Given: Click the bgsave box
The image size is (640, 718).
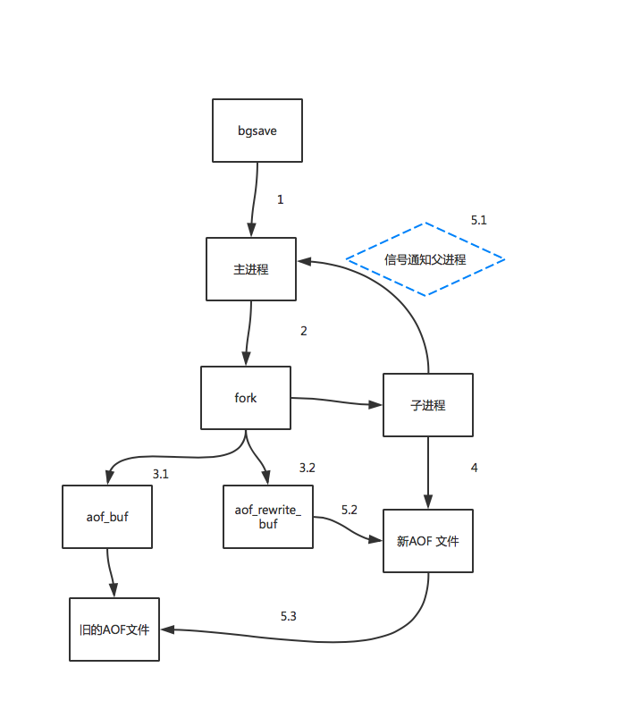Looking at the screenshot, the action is pyautogui.click(x=257, y=131).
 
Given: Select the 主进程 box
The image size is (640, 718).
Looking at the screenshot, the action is pyautogui.click(x=251, y=269).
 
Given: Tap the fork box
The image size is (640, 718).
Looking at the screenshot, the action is pyautogui.click(x=246, y=398).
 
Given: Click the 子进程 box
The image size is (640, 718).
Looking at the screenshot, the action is pyautogui.click(x=428, y=405).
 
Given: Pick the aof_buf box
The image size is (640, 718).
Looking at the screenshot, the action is pyautogui.click(x=107, y=517).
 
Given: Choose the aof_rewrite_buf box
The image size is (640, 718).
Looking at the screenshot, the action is pyautogui.click(x=268, y=517).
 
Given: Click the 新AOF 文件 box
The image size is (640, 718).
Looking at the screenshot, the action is pyautogui.click(x=428, y=541).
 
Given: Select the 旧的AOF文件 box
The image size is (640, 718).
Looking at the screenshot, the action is pyautogui.click(x=114, y=629).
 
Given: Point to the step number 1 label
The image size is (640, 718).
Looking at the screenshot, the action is pyautogui.click(x=280, y=199).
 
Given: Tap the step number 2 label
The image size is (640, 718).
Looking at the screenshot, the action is pyautogui.click(x=304, y=331).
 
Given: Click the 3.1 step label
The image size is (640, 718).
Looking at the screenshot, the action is pyautogui.click(x=161, y=474).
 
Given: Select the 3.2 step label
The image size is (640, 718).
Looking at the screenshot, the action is pyautogui.click(x=307, y=468).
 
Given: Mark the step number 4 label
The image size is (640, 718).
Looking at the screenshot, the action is pyautogui.click(x=475, y=468).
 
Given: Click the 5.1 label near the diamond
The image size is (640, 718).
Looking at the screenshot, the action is pyautogui.click(x=479, y=220).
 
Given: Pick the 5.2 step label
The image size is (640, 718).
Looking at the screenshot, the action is pyautogui.click(x=349, y=510).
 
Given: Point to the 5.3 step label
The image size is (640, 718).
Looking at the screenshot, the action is pyautogui.click(x=289, y=616).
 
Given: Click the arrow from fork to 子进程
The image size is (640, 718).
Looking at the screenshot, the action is pyautogui.click(x=336, y=401).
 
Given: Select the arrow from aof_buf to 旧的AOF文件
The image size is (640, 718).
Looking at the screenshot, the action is pyautogui.click(x=110, y=573).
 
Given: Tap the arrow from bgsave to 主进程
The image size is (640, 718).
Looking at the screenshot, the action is pyautogui.click(x=255, y=199).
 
